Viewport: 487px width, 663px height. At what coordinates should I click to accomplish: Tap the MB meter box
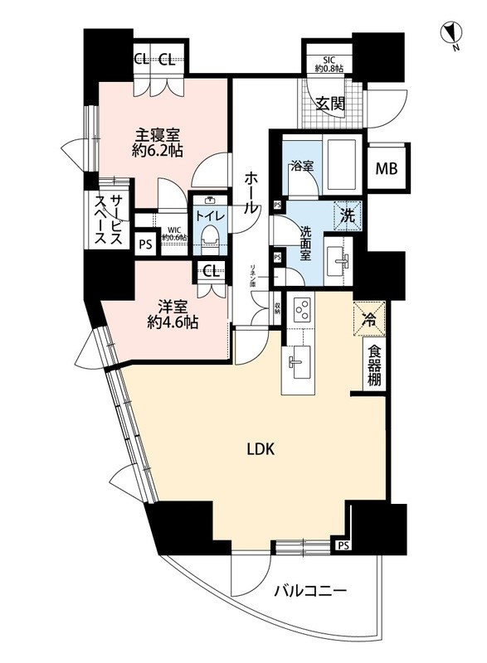pos(387,168)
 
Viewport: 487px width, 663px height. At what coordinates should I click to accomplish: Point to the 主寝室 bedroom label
pos(158,142)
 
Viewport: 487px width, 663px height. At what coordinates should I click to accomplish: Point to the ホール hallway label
pos(250,192)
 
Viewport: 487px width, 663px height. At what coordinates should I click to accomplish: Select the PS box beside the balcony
pos(342,545)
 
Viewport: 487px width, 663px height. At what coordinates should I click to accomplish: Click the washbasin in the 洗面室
pos(338,258)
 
